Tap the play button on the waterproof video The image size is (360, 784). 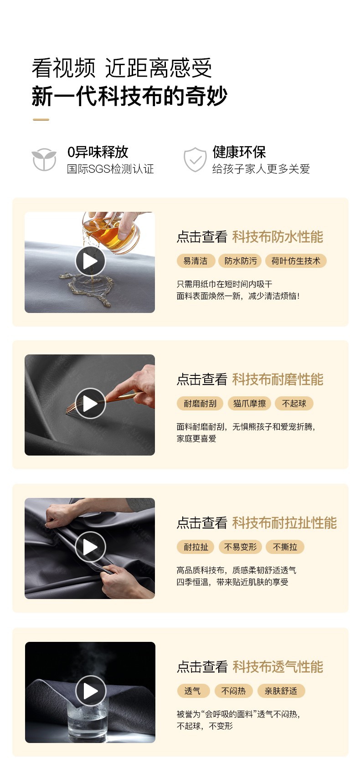click(90, 261)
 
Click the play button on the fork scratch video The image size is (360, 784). click(90, 404)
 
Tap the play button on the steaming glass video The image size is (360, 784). click(91, 691)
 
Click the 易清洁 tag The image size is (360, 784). click(195, 261)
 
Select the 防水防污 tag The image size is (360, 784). click(241, 261)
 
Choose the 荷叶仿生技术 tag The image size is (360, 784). click(296, 261)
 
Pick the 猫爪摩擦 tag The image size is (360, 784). click(250, 404)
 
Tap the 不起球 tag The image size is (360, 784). click(294, 404)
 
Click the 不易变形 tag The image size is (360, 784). click(241, 547)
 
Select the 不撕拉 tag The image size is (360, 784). click(285, 547)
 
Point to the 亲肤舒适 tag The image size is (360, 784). click(281, 691)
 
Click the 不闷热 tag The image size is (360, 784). click(233, 691)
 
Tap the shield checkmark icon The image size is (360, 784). click(195, 159)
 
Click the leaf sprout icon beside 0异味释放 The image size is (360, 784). click(44, 159)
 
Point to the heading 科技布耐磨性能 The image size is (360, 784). click(278, 379)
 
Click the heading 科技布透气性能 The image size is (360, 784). click(278, 667)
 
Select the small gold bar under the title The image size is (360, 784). click(41, 120)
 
